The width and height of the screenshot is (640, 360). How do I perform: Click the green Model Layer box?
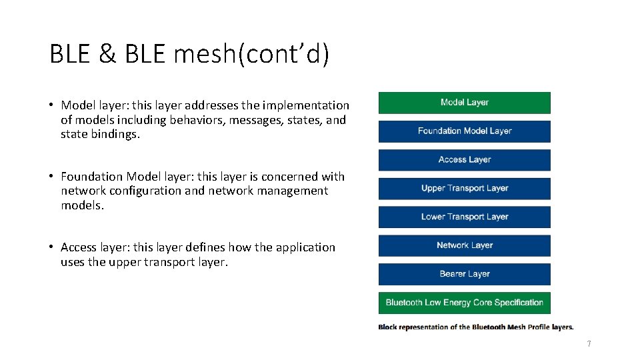pos(464,103)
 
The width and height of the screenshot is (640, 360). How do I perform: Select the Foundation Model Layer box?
pos(464,131)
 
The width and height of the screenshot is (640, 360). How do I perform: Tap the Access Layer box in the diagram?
pos(464,160)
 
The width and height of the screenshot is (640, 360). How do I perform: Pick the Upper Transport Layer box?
pos(464,189)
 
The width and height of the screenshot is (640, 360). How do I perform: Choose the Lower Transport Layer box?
pos(464,217)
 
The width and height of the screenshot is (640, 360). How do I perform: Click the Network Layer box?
pos(464,245)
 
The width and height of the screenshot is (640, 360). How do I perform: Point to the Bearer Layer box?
pos(464,274)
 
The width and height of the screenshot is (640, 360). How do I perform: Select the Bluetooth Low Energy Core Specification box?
pos(464,303)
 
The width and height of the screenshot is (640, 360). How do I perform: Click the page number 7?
pos(589,344)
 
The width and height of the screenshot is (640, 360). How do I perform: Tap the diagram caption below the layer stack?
pos(475,327)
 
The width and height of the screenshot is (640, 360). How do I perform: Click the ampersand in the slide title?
pos(107,55)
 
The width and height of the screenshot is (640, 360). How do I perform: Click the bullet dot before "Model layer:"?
pos(51,105)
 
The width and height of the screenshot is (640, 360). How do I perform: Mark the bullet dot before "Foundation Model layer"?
pos(51,177)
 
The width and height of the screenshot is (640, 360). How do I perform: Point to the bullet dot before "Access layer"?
pos(51,247)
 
